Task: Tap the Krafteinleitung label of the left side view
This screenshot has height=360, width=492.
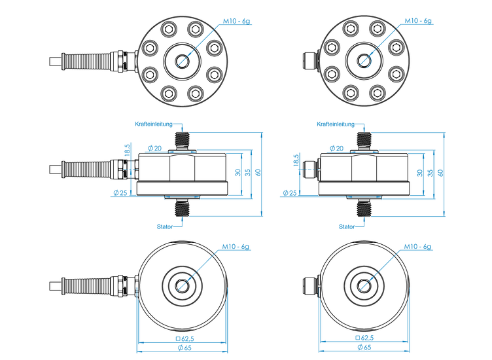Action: pyautogui.click(x=154, y=123)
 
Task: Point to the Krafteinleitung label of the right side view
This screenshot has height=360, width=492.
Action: pyautogui.click(x=336, y=123)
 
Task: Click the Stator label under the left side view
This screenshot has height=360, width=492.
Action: pyautogui.click(x=165, y=226)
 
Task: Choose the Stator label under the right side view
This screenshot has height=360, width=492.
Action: pyautogui.click(x=347, y=226)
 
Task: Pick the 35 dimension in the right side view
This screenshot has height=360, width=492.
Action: pyautogui.click(x=429, y=172)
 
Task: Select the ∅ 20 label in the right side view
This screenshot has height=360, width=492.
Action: pyautogui.click(x=336, y=148)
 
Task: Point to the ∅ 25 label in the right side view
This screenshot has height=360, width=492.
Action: pyautogui.click(x=289, y=192)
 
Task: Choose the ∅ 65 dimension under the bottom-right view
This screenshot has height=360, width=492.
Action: pyautogui.click(x=364, y=347)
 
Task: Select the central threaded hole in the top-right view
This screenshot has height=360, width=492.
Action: pyautogui.click(x=364, y=61)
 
